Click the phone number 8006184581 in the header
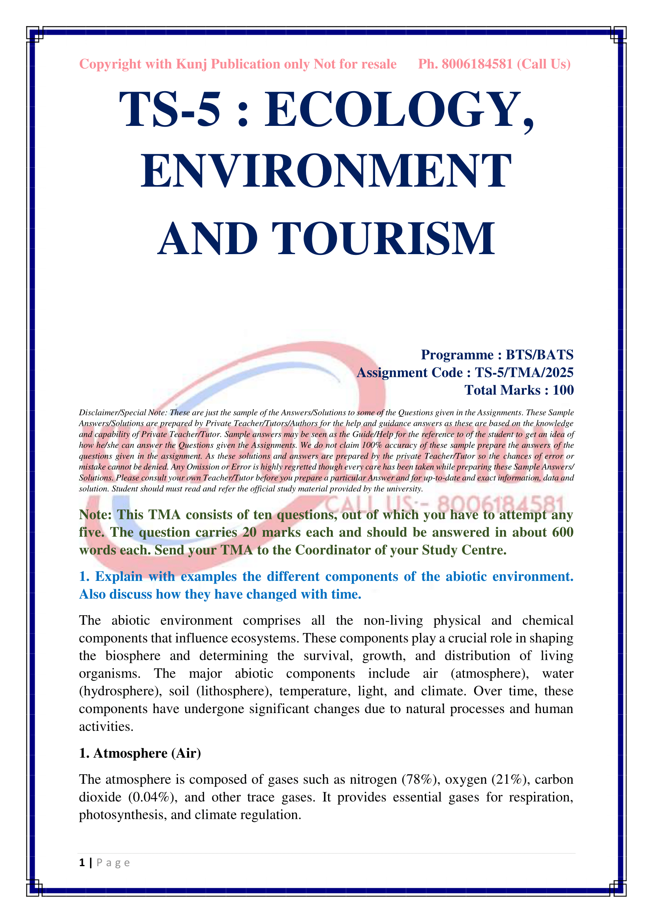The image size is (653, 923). (x=477, y=64)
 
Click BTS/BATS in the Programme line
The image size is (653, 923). (x=539, y=355)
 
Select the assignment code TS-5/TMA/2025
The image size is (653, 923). (x=524, y=373)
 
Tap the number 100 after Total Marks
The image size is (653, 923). (x=563, y=390)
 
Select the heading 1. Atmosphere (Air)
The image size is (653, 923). (x=140, y=753)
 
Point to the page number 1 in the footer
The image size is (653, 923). (x=82, y=863)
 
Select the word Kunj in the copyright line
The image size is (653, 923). (x=191, y=64)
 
